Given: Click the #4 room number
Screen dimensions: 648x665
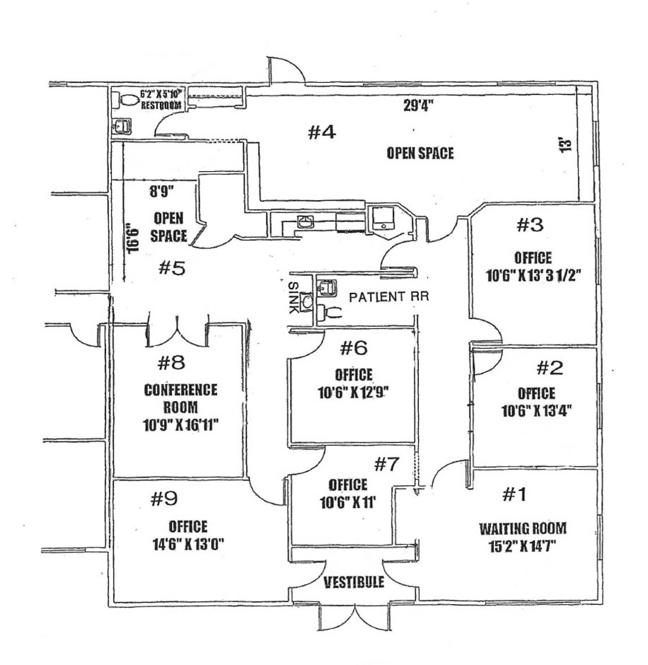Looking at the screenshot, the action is [x=322, y=132].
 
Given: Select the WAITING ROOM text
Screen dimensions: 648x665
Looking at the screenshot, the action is [x=523, y=529].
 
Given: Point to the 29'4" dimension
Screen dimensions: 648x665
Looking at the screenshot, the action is [x=418, y=106].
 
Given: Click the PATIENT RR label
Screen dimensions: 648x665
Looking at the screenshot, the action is [x=389, y=297].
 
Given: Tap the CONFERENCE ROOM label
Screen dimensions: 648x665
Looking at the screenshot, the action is [x=181, y=398].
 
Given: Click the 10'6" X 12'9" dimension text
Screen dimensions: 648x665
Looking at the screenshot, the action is [x=353, y=393].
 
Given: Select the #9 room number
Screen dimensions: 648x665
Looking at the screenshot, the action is [x=164, y=500].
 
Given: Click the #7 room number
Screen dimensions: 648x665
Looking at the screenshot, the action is [x=387, y=464].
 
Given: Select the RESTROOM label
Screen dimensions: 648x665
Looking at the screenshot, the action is [x=161, y=105].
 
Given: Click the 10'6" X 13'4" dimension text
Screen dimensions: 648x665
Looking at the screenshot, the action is [x=537, y=411].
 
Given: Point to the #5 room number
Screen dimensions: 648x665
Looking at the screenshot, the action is [x=172, y=268].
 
